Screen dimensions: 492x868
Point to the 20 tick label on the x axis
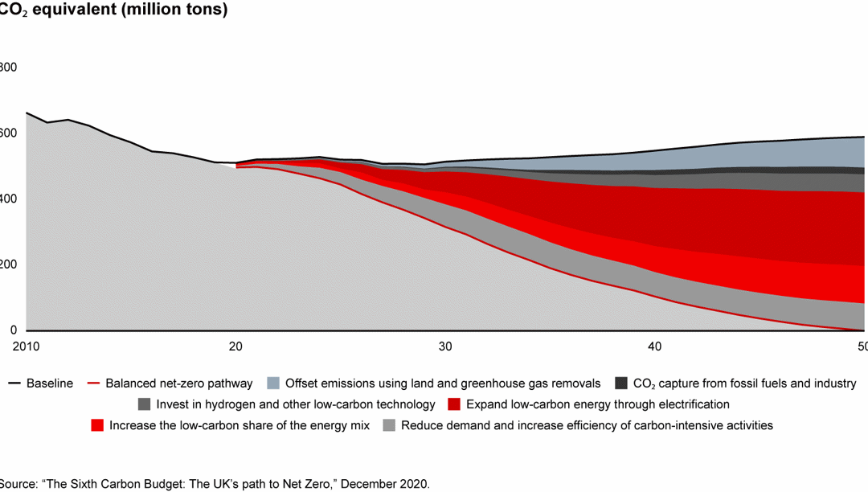click(235, 346)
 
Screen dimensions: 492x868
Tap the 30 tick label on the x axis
click(445, 346)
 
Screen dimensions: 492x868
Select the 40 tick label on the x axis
click(655, 346)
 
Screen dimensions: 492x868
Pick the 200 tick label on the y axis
click(6, 264)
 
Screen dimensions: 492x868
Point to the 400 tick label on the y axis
click(6, 199)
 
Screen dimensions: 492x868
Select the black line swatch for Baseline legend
click(14, 383)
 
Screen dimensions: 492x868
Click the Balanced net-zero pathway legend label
click(179, 383)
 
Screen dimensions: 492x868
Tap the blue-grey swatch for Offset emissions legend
click(272, 383)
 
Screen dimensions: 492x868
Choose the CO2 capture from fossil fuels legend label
click(745, 383)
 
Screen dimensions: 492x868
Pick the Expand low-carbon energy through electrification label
click(597, 404)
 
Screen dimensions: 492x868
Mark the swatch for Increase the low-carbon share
click(97, 425)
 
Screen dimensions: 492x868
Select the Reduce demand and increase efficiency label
click(587, 425)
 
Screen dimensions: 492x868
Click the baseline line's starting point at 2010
click(27, 113)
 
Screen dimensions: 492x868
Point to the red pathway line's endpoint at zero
click(863, 330)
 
